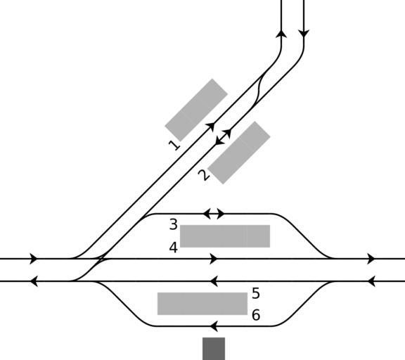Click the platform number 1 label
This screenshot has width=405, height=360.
(174, 146)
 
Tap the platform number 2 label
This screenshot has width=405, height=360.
(204, 175)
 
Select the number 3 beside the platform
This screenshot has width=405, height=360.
(174, 224)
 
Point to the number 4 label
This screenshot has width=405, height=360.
(174, 247)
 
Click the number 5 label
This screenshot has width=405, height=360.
(256, 293)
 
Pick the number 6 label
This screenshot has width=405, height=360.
(256, 315)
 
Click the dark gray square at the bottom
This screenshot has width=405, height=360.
(214, 349)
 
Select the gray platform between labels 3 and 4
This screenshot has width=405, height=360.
(225, 236)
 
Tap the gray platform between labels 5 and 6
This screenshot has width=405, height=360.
(202, 304)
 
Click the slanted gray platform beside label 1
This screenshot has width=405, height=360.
(196, 110)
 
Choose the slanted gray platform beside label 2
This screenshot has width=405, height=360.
(239, 153)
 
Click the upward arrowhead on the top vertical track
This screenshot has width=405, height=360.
(281, 34)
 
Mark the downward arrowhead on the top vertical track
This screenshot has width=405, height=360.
(304, 34)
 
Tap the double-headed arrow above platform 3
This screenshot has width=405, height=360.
(214, 214)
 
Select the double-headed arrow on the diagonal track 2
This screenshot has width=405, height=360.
(223, 137)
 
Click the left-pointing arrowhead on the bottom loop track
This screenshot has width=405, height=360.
(214, 326)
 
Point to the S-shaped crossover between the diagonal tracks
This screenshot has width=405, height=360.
(259, 91)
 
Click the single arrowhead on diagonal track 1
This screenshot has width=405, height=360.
(211, 127)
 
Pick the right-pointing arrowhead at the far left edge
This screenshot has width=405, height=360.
(34, 259)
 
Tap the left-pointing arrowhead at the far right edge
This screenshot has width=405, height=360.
(371, 281)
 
